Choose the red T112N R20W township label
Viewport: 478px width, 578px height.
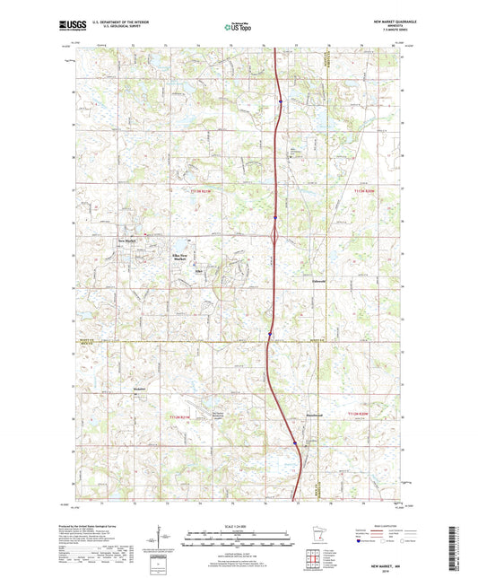(x=359, y=412)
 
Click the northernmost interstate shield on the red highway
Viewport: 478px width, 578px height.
(x=280, y=101)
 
